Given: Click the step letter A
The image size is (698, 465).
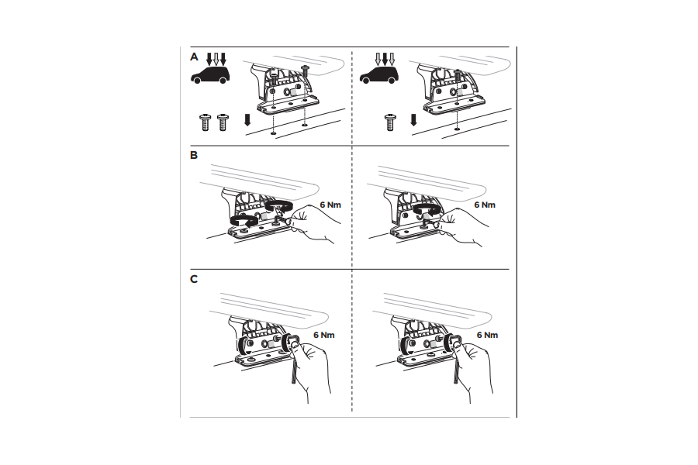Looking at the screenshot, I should tap(194, 57).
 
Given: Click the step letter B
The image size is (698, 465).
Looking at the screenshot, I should tap(194, 155).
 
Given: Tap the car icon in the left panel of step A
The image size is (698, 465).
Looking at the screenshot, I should tap(209, 76).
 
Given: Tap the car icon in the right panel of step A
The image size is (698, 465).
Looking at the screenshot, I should tap(379, 76).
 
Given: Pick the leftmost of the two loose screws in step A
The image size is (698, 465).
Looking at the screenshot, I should tap(206, 121).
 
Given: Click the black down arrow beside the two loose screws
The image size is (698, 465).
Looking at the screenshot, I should tap(246, 120).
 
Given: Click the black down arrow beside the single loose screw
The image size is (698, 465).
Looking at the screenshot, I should tap(413, 120).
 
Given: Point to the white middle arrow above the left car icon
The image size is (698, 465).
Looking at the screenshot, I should tap(216, 58).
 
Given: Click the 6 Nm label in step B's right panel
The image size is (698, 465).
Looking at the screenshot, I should tap(484, 205).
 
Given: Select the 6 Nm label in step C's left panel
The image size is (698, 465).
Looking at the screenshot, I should tap(324, 335).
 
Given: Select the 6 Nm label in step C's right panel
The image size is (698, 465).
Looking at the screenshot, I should tap(486, 335).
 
